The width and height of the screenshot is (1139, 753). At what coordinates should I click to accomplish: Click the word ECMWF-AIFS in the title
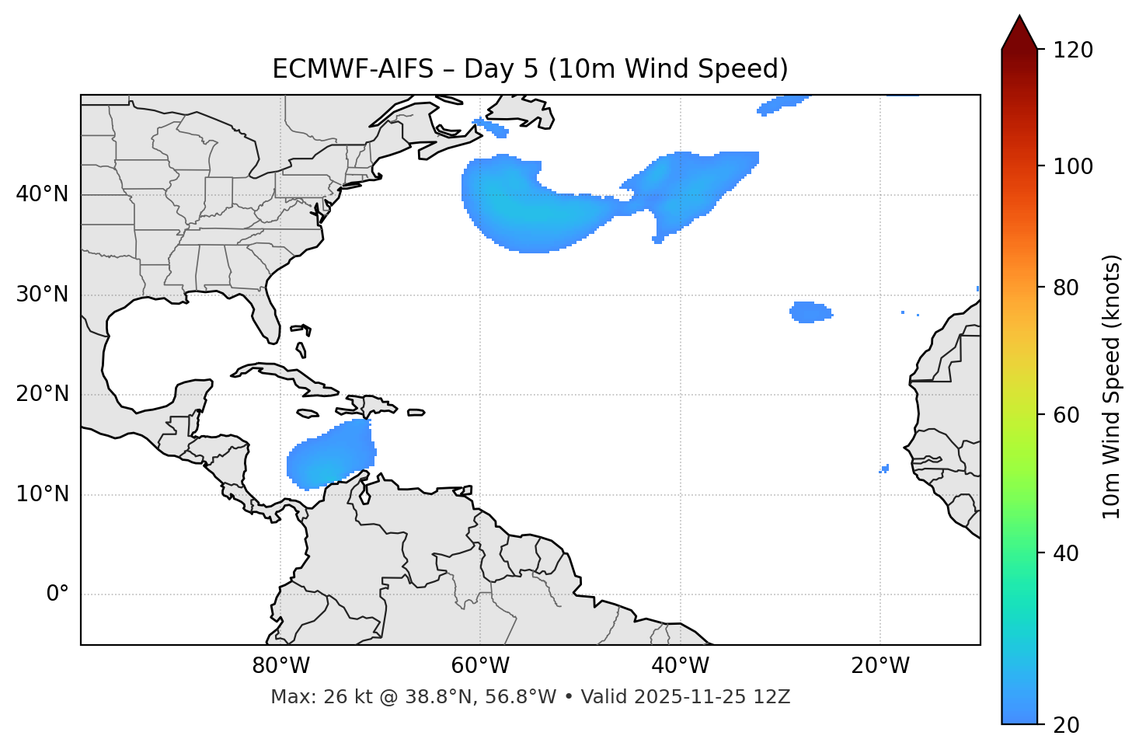[x=353, y=69]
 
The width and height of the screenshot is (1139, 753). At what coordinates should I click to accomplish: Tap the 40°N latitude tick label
[x=42, y=194]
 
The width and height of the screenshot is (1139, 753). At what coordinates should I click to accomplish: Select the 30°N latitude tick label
[x=42, y=295]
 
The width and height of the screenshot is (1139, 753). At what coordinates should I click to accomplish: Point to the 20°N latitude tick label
[x=42, y=394]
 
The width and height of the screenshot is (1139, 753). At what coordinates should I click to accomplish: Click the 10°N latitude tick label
[x=42, y=494]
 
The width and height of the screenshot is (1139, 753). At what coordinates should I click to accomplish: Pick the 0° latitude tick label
[x=57, y=594]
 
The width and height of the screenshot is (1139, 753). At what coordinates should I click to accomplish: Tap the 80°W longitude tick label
[x=280, y=666]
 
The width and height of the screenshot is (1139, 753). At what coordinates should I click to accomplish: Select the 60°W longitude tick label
[x=480, y=666]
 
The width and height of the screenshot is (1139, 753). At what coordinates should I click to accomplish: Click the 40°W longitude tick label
[x=680, y=666]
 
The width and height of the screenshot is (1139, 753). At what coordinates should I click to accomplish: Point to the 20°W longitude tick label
[x=880, y=666]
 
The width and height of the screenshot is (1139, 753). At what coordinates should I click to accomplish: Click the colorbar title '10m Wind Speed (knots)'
[x=1112, y=386]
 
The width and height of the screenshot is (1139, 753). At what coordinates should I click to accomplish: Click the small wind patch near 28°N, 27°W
[x=810, y=312]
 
